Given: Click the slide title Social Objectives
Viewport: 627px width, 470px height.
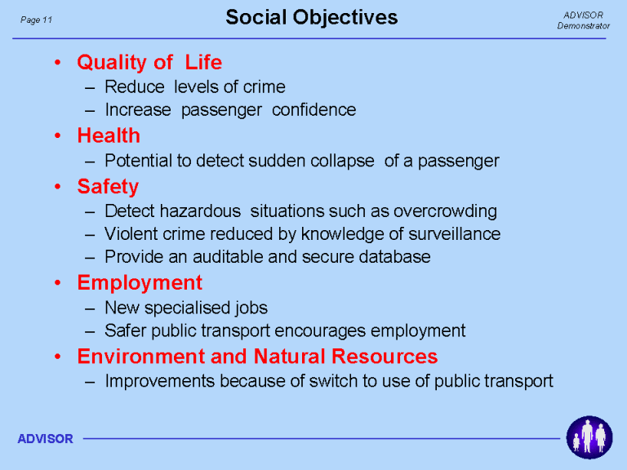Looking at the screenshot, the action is click(x=312, y=18).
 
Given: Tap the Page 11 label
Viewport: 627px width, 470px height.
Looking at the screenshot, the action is click(x=36, y=20).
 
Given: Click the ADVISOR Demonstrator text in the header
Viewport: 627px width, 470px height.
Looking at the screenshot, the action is click(x=583, y=20).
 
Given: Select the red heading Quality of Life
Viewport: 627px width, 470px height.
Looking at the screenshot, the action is click(x=149, y=62).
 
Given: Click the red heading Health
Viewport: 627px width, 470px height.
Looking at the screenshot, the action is click(x=109, y=135).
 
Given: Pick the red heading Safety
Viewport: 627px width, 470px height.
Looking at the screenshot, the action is click(x=108, y=187).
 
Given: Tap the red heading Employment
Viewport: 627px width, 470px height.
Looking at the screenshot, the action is click(x=140, y=283).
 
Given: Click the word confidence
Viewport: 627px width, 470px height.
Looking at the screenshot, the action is click(x=313, y=110).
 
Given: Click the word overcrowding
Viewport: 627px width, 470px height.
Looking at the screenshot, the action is click(x=445, y=211).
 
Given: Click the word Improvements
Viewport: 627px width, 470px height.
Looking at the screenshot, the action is click(x=160, y=381).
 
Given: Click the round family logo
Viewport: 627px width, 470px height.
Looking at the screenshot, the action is click(x=589, y=437).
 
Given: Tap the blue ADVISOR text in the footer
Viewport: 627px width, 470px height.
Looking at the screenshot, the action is click(x=45, y=439).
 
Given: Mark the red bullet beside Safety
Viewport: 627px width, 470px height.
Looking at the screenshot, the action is click(x=58, y=187).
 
